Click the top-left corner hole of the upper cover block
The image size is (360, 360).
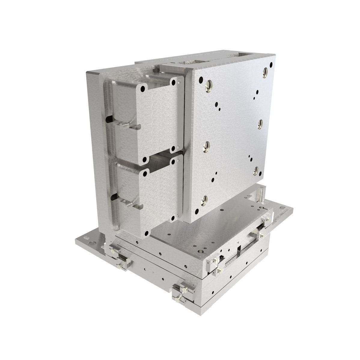(143, 89)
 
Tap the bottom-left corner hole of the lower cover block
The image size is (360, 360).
(146, 233)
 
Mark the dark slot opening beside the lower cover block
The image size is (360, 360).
(114, 197)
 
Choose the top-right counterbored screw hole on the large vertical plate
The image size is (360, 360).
(265, 72)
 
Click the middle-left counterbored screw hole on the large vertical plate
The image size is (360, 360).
(206, 146)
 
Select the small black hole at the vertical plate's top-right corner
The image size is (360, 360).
(271, 64)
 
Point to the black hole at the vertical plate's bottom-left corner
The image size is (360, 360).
(197, 212)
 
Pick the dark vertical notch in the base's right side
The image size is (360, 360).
(239, 249)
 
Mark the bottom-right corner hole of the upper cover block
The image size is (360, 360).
(172, 148)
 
